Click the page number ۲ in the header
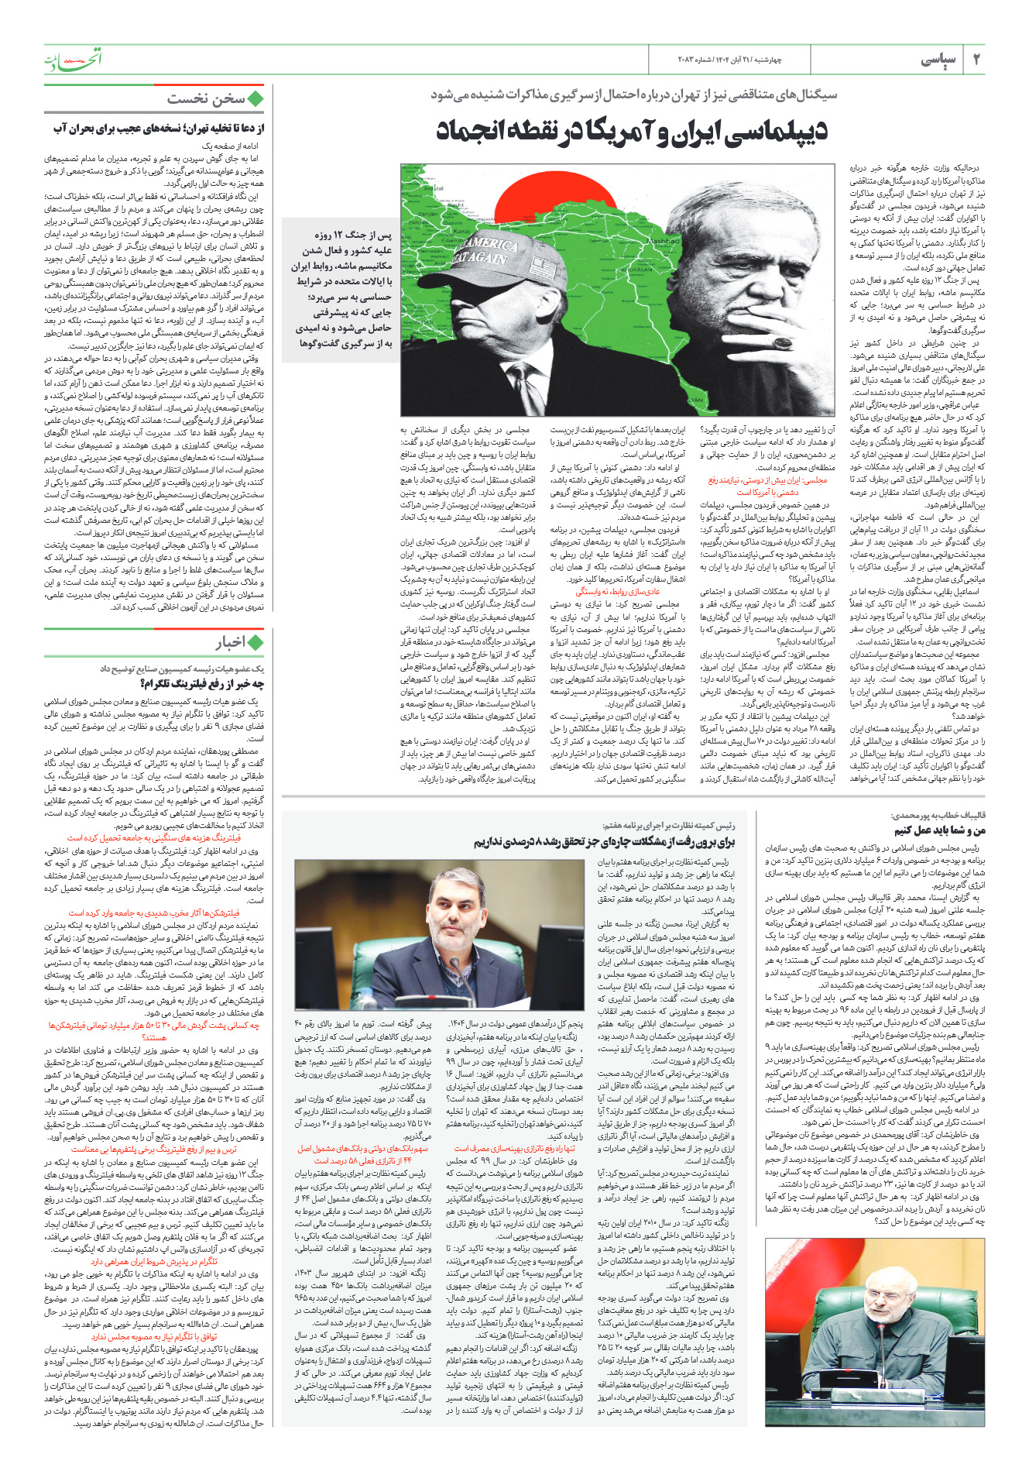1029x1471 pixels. (976, 60)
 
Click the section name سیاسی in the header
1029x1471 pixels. (938, 60)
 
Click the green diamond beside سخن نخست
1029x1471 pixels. (256, 99)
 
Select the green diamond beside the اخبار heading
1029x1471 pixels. (256, 642)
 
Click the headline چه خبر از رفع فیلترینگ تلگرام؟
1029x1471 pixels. (202, 682)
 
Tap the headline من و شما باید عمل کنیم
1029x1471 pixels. (940, 830)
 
